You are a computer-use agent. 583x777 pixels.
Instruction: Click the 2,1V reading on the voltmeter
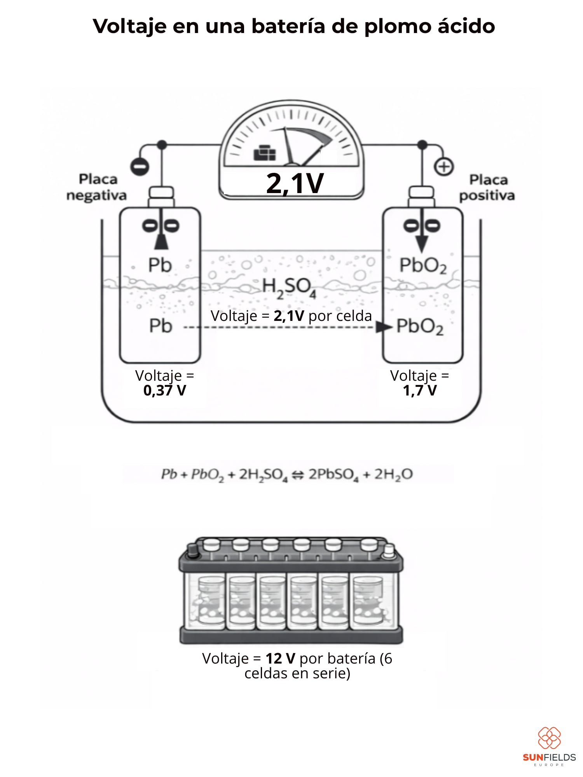[x=295, y=183]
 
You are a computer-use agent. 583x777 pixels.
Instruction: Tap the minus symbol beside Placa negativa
[x=140, y=167]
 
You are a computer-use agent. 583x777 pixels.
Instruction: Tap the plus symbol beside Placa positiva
[x=443, y=167]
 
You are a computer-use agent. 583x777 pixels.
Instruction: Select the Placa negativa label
[x=97, y=187]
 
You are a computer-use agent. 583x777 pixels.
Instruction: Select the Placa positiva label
[x=487, y=188]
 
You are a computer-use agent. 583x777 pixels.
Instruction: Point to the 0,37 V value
[x=165, y=390]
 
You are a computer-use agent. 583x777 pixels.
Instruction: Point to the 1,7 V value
[x=420, y=390]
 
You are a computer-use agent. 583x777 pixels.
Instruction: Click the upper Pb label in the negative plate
[x=160, y=265]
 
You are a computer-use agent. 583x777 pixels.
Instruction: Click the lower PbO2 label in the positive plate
[x=420, y=327]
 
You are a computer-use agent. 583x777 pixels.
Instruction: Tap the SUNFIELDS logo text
[x=549, y=757]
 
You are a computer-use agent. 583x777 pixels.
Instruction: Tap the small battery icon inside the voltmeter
[x=265, y=153]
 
